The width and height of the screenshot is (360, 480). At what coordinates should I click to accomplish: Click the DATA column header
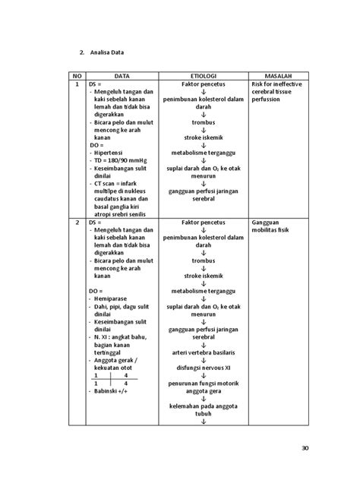122,77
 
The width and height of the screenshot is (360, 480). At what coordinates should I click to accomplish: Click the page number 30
305,448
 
